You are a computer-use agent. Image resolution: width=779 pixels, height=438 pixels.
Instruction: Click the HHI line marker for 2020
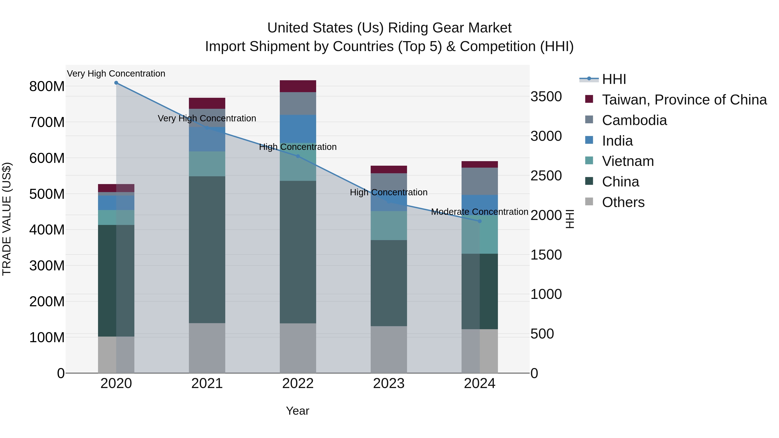116,83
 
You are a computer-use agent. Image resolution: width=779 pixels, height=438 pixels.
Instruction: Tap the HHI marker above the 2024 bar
480,221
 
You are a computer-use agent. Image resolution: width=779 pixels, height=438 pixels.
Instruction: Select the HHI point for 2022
298,156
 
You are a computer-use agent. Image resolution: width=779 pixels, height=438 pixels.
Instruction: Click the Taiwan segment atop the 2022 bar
298,86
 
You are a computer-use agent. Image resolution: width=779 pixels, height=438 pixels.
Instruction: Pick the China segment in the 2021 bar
207,249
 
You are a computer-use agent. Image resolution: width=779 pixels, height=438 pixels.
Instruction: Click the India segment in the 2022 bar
298,129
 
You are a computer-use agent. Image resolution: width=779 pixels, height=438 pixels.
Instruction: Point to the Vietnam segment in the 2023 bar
389,226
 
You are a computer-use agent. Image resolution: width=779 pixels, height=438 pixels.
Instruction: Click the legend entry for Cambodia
634,120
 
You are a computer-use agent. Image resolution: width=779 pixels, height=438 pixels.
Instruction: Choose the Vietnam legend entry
628,161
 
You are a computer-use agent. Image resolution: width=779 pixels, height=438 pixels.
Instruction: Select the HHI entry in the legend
614,79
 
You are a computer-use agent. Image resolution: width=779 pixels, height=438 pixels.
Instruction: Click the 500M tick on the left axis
47,194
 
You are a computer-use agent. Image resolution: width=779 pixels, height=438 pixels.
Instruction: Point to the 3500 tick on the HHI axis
546,97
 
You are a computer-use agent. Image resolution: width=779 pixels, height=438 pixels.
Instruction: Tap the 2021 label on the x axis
207,383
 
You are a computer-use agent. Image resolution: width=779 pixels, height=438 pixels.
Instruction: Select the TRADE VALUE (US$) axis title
7,219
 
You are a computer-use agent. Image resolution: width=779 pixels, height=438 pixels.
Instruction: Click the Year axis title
298,411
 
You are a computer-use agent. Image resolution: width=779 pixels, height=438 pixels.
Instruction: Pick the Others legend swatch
589,202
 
